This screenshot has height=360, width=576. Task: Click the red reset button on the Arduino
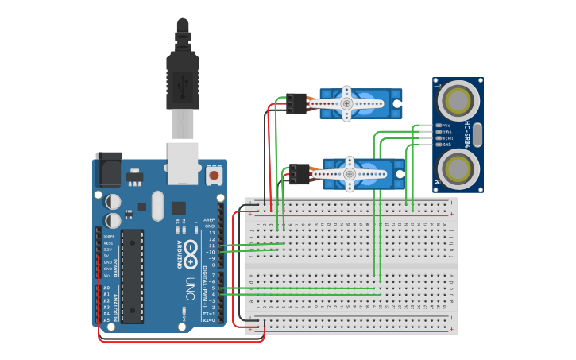(213, 173)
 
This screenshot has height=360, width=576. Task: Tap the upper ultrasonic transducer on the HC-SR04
(458, 100)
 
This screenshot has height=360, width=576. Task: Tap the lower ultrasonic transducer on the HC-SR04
(458, 168)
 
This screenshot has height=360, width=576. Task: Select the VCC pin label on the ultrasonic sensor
(446, 126)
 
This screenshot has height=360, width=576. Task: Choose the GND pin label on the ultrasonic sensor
(446, 145)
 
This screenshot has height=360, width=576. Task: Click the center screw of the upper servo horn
(346, 103)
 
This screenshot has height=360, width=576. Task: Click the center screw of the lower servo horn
(350, 174)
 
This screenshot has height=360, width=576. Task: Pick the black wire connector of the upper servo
(296, 103)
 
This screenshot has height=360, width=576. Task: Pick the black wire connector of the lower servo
(300, 174)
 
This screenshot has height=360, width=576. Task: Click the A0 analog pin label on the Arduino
(106, 288)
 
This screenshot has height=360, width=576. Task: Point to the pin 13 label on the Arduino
(211, 233)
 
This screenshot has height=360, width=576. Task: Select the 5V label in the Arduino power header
(107, 256)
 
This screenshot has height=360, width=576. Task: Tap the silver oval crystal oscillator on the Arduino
(157, 206)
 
